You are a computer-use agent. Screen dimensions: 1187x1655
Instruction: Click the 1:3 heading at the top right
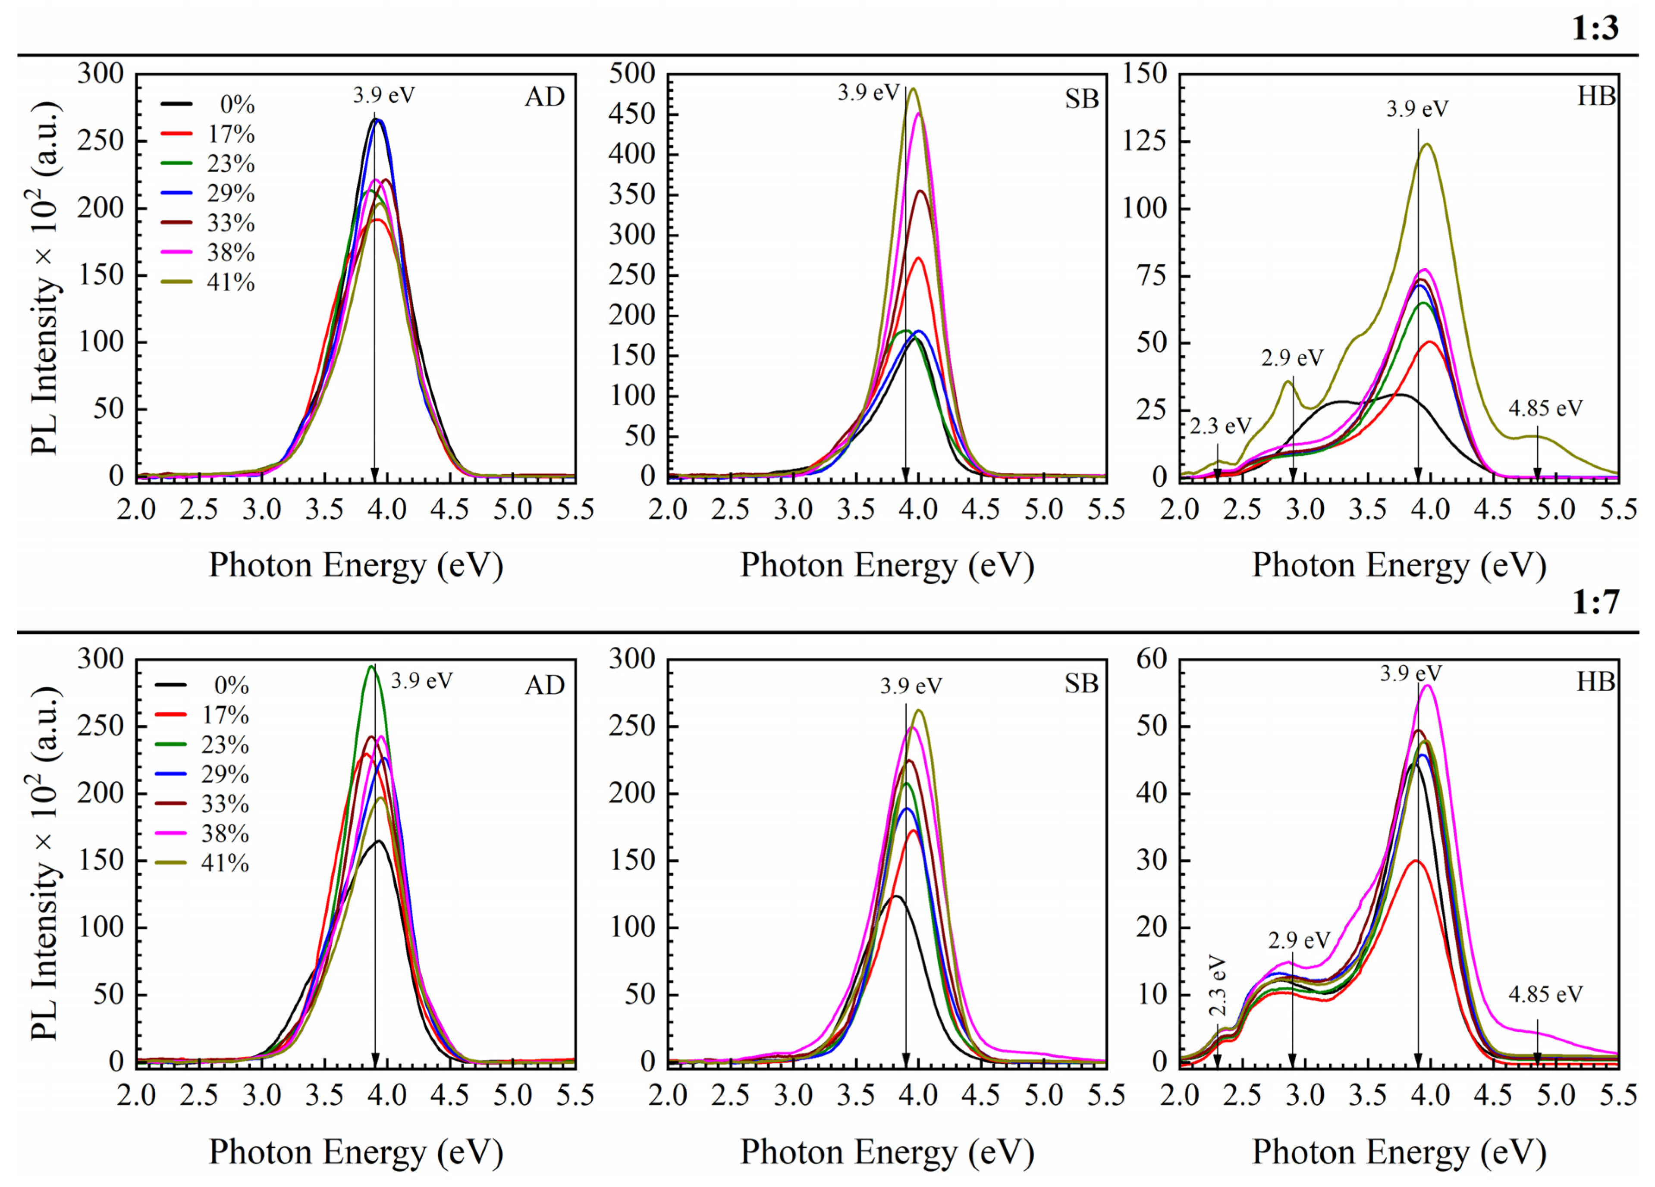tap(1595, 28)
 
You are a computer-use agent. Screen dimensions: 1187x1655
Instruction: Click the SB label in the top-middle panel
tap(1081, 98)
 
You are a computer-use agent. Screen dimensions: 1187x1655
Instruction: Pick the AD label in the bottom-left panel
tap(544, 685)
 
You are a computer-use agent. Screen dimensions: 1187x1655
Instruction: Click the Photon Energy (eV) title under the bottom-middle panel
tap(887, 1152)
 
